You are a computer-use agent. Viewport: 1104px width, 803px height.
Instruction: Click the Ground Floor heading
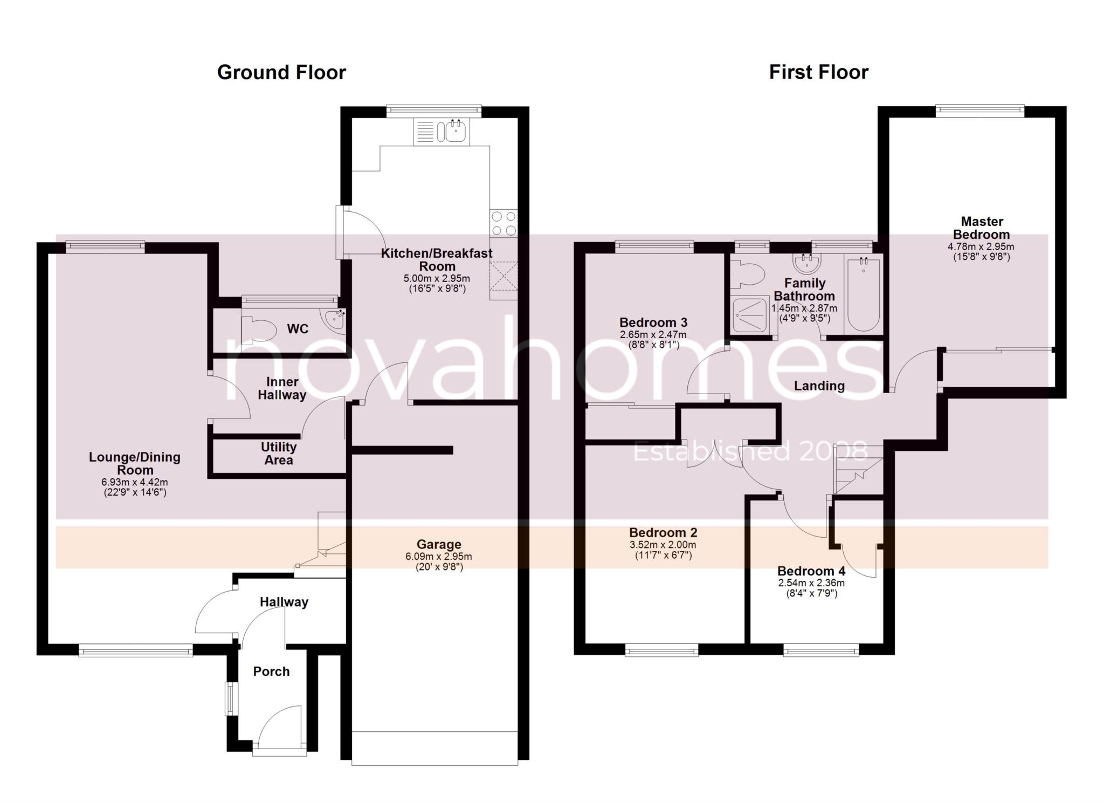(x=281, y=72)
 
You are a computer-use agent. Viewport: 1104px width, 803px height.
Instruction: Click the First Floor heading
(x=818, y=72)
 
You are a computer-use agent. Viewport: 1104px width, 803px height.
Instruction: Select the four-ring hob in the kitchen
(x=503, y=224)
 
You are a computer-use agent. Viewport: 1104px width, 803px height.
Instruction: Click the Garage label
(x=438, y=544)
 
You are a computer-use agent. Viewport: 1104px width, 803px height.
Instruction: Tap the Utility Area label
(x=278, y=454)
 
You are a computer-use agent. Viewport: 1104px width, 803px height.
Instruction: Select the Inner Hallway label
(x=281, y=388)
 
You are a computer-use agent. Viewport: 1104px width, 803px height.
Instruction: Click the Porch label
(x=271, y=671)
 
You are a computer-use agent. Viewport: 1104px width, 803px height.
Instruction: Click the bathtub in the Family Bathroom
(x=862, y=295)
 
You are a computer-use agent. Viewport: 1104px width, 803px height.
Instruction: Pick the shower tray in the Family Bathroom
(x=750, y=314)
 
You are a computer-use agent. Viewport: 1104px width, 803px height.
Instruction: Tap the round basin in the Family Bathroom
(x=806, y=264)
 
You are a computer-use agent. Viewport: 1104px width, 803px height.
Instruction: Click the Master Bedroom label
(x=981, y=228)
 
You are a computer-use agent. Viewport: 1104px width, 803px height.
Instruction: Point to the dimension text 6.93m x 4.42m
(x=135, y=482)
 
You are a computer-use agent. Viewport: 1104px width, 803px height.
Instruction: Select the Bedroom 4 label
(x=811, y=571)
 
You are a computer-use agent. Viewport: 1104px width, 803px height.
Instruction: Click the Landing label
(x=819, y=386)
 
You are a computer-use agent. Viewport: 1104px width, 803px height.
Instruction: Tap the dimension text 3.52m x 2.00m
(x=663, y=545)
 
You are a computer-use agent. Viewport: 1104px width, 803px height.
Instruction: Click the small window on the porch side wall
(x=230, y=699)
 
